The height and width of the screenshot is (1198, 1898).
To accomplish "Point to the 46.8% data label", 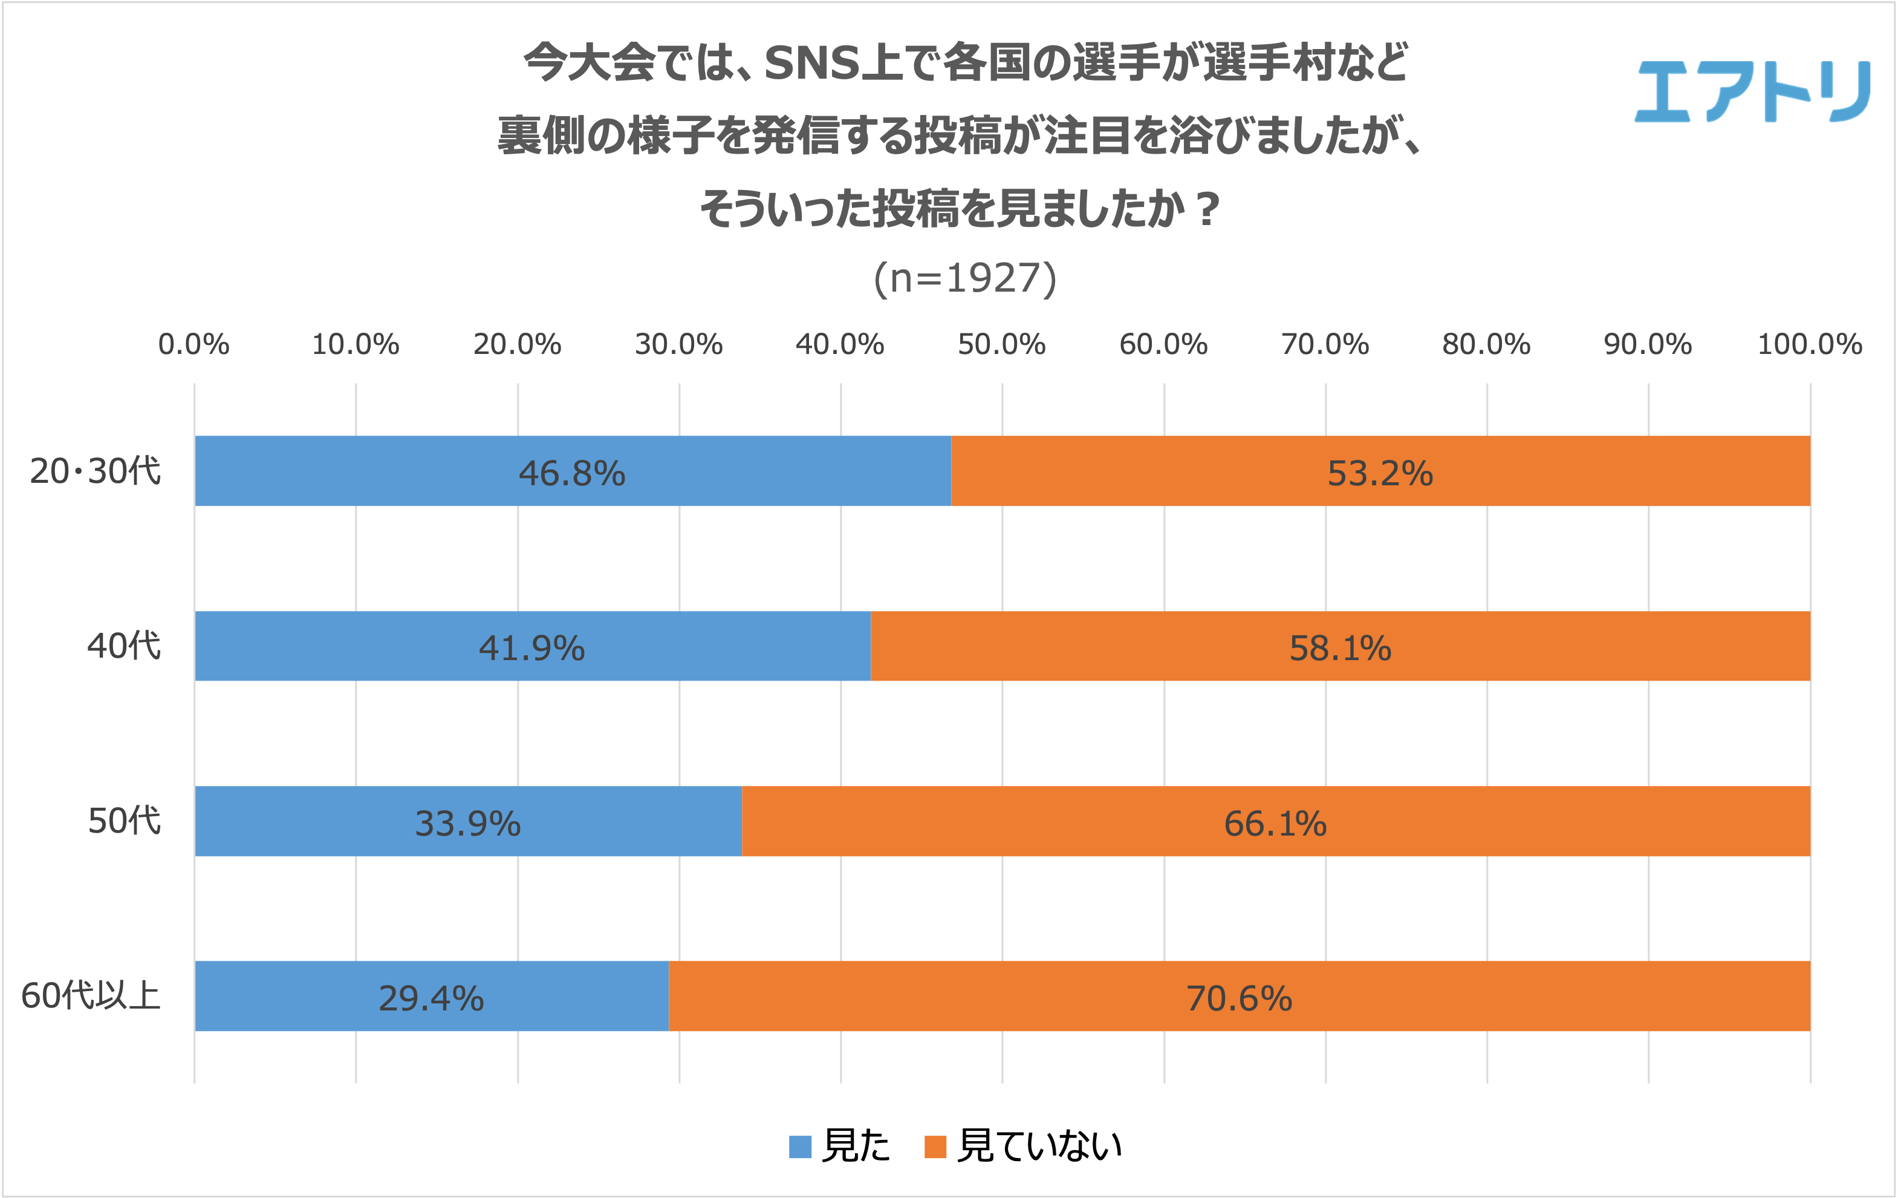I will [571, 473].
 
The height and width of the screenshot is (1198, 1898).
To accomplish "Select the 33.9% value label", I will [467, 823].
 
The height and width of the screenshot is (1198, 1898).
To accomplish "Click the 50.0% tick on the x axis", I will [1001, 345].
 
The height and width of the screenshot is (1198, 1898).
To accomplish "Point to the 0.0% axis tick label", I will [194, 345].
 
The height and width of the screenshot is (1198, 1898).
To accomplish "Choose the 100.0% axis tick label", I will [1810, 345].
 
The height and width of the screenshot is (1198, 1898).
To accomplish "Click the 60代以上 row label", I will [91, 996].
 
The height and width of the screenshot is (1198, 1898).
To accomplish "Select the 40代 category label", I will [124, 646].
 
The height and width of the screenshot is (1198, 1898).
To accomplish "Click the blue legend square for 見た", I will [800, 1147].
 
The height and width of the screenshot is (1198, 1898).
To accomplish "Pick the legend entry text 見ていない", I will [1039, 1146].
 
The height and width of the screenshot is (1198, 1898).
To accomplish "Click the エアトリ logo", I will [1752, 93].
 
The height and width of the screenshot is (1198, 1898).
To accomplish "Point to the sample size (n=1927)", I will [965, 278].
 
